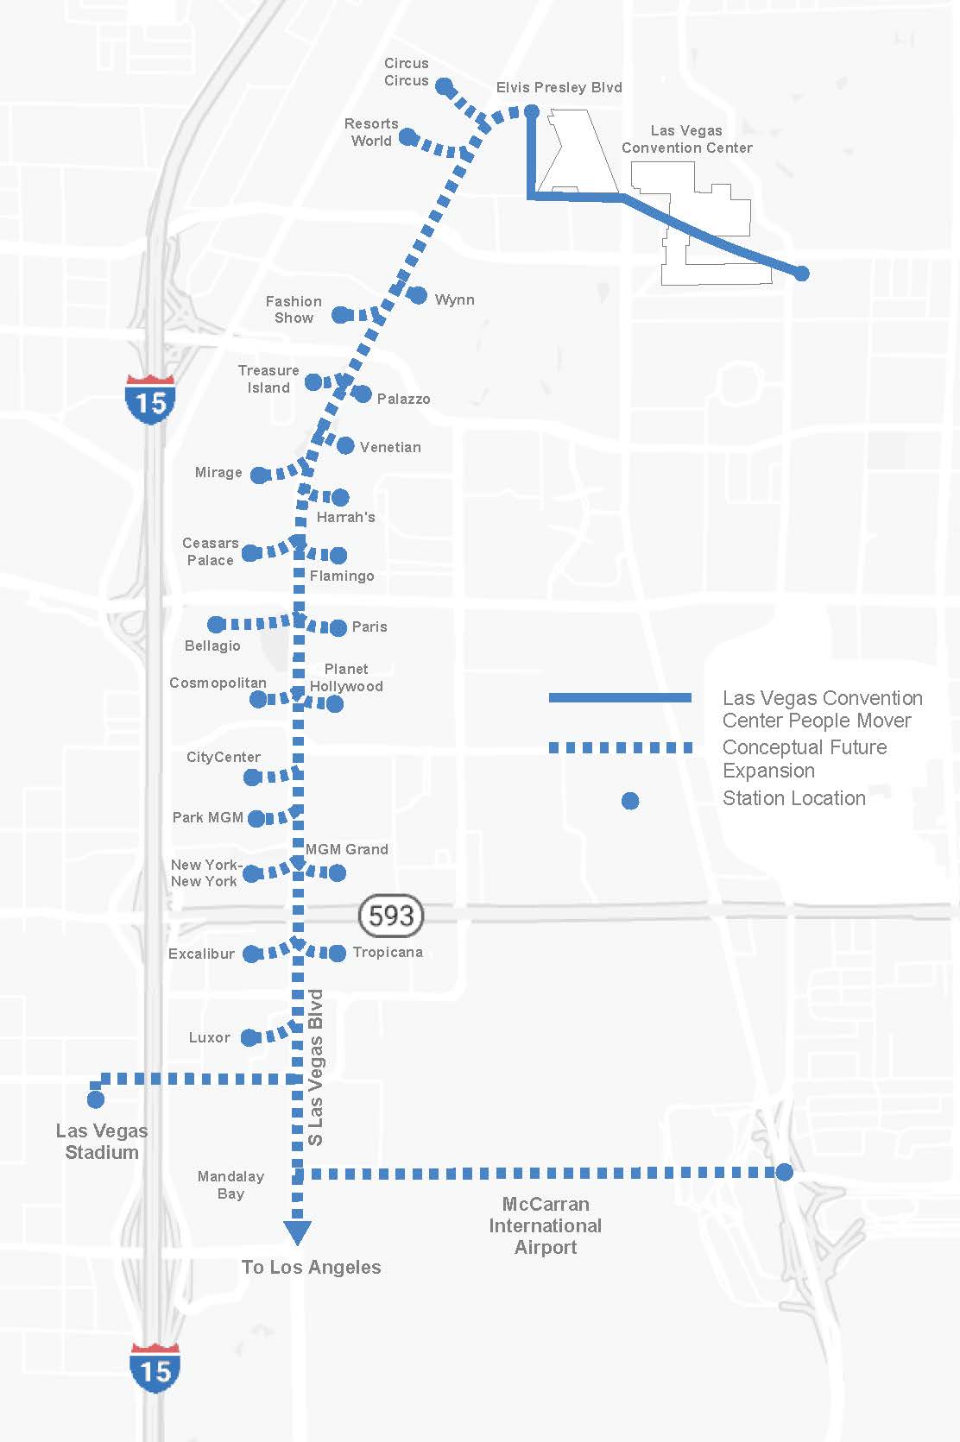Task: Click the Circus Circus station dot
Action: pyautogui.click(x=444, y=86)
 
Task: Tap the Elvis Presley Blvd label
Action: pyautogui.click(x=559, y=87)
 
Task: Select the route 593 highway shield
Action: pyautogui.click(x=391, y=915)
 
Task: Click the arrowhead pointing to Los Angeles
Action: pyautogui.click(x=298, y=1232)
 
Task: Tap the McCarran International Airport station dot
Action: pyautogui.click(x=784, y=1172)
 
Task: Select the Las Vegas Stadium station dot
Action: pyautogui.click(x=96, y=1099)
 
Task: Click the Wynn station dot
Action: pyautogui.click(x=417, y=296)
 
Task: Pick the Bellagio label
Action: pyautogui.click(x=212, y=645)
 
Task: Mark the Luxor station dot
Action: pyautogui.click(x=249, y=1037)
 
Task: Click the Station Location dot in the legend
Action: pyautogui.click(x=630, y=801)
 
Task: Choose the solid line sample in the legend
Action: pyautogui.click(x=620, y=697)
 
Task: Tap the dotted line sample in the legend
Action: pyautogui.click(x=620, y=747)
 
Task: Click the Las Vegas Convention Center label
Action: pyautogui.click(x=686, y=139)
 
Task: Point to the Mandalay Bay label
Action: pyautogui.click(x=231, y=1185)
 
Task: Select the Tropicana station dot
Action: pyautogui.click(x=338, y=953)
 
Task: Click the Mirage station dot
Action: pyautogui.click(x=259, y=475)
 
